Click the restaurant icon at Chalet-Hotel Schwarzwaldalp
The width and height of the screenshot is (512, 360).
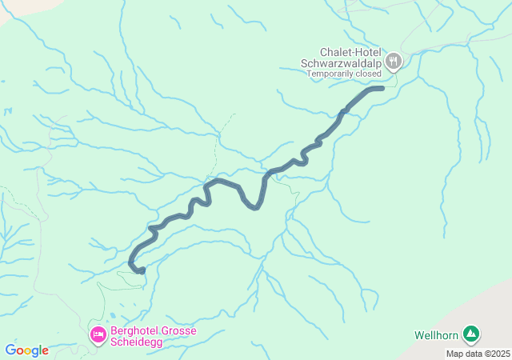[x=394, y=60]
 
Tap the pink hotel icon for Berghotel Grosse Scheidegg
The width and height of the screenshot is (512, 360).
[x=98, y=334]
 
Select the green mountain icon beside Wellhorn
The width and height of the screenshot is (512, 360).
[x=471, y=334]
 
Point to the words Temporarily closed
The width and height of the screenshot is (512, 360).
[x=344, y=74]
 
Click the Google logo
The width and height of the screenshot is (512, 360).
[x=26, y=350]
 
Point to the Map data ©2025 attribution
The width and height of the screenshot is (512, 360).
[x=478, y=354]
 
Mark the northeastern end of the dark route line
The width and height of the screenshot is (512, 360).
[x=382, y=88]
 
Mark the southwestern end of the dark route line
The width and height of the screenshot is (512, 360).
[x=142, y=271]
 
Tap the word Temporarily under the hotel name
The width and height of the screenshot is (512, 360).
[x=332, y=74]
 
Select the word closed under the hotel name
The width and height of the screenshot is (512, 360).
[x=369, y=74]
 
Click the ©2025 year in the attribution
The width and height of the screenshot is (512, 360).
[x=495, y=354]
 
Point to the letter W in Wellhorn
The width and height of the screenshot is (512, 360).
[x=419, y=334]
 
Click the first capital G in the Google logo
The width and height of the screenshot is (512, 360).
[x=10, y=350]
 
